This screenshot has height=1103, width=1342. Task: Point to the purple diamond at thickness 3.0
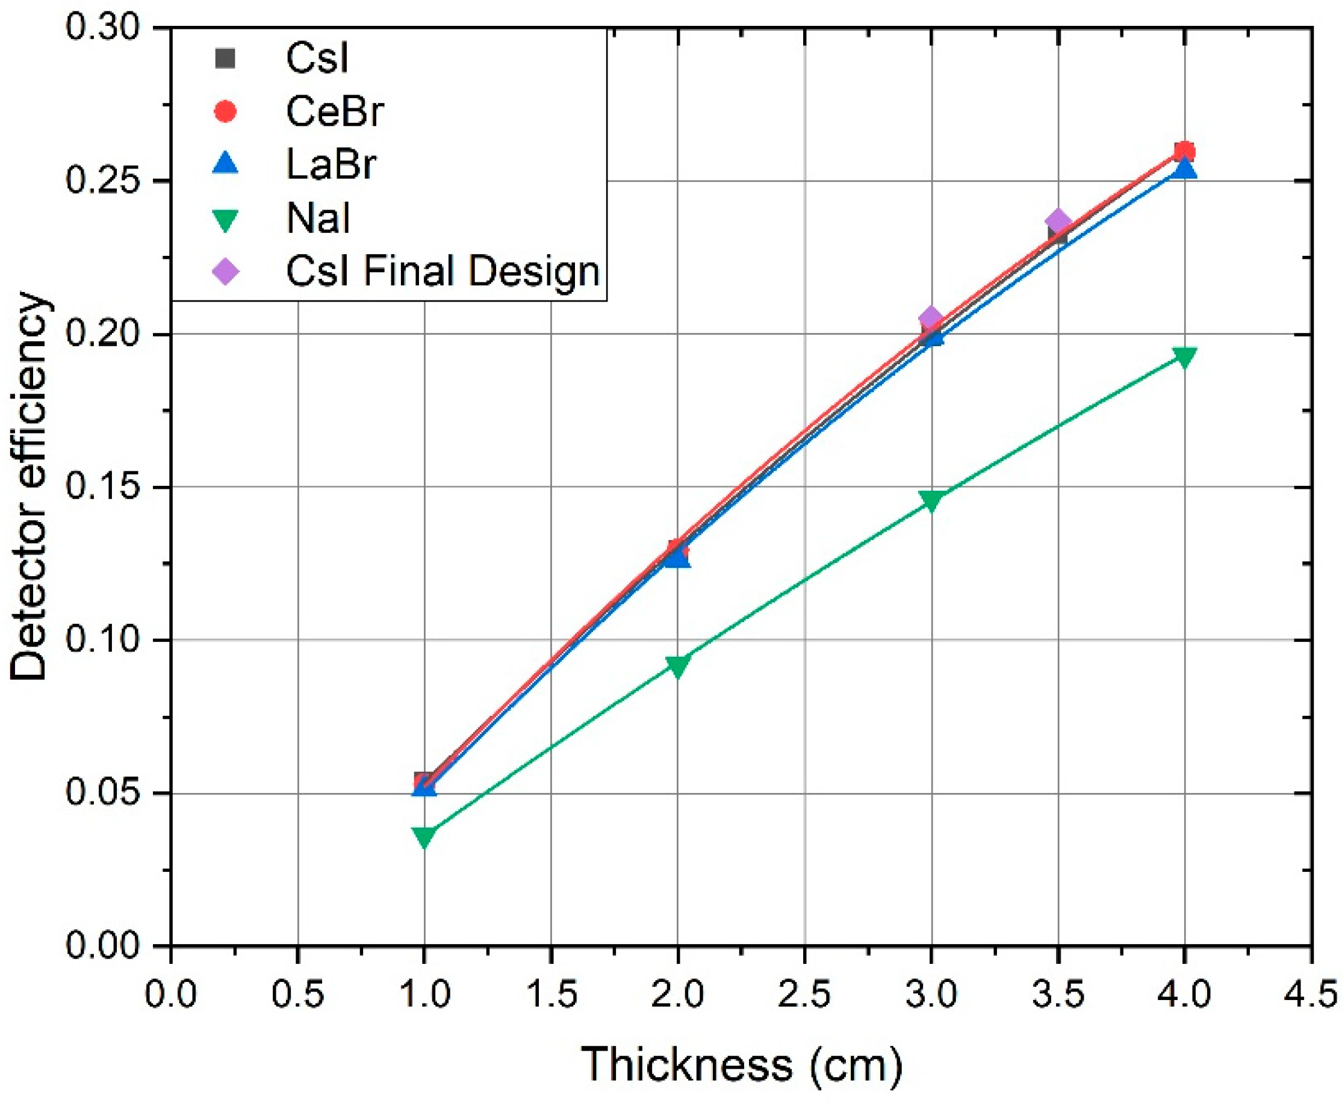tap(931, 318)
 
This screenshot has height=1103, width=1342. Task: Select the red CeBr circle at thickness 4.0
tap(1184, 152)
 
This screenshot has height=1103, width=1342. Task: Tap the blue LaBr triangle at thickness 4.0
tap(1185, 169)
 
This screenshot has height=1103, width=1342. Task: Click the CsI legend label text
tap(317, 58)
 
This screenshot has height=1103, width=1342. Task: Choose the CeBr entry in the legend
tap(334, 112)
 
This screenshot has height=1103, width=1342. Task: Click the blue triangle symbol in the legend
tap(226, 164)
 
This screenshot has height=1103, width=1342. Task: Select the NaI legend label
tap(318, 218)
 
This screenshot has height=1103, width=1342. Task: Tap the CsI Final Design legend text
tap(443, 272)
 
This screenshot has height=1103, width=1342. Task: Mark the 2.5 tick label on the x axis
tap(804, 993)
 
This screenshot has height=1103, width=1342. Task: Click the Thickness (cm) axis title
tap(741, 1064)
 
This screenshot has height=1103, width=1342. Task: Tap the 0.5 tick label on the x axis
tap(297, 993)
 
